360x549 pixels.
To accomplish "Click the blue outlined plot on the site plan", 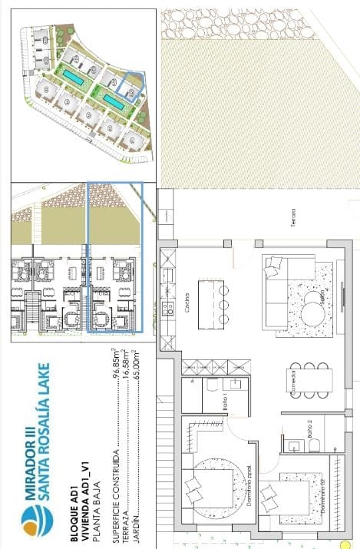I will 131,87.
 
